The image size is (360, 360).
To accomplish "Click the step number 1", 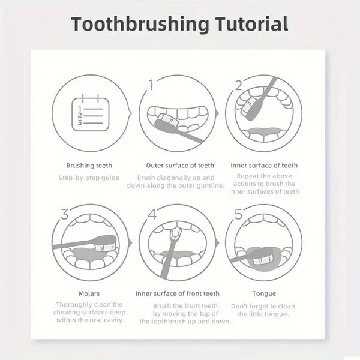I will [x=151, y=86].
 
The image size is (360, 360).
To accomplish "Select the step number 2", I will [x=238, y=85].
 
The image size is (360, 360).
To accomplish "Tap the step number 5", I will [x=239, y=214].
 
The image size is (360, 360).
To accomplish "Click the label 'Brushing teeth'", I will [x=89, y=166].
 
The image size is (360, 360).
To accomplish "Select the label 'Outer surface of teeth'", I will [x=180, y=166].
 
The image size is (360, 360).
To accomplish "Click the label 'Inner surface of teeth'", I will [x=264, y=166].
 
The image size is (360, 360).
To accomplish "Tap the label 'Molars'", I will [x=89, y=293].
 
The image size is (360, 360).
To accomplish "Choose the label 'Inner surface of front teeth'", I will [x=177, y=293].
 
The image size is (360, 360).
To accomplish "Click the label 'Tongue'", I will [x=264, y=293].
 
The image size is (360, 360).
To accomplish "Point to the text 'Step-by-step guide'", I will [x=89, y=178].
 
